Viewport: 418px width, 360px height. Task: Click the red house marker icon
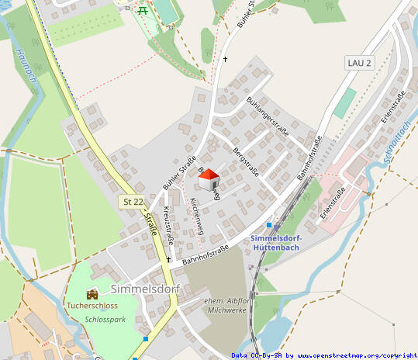(x=209, y=179)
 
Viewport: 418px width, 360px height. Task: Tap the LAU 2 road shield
(x=360, y=62)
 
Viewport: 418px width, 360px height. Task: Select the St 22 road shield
(x=133, y=202)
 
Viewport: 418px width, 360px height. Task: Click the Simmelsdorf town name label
(x=145, y=289)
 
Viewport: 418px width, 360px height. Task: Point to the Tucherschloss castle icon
(x=93, y=294)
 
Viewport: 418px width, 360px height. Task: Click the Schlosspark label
(x=105, y=320)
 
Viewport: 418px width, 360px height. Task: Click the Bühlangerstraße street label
(x=267, y=117)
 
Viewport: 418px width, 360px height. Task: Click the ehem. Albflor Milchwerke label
(x=226, y=305)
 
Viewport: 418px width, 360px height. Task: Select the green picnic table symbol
(x=142, y=10)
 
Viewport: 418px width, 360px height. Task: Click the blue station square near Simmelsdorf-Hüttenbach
(x=268, y=225)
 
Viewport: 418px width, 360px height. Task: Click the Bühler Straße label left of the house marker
(x=179, y=173)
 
